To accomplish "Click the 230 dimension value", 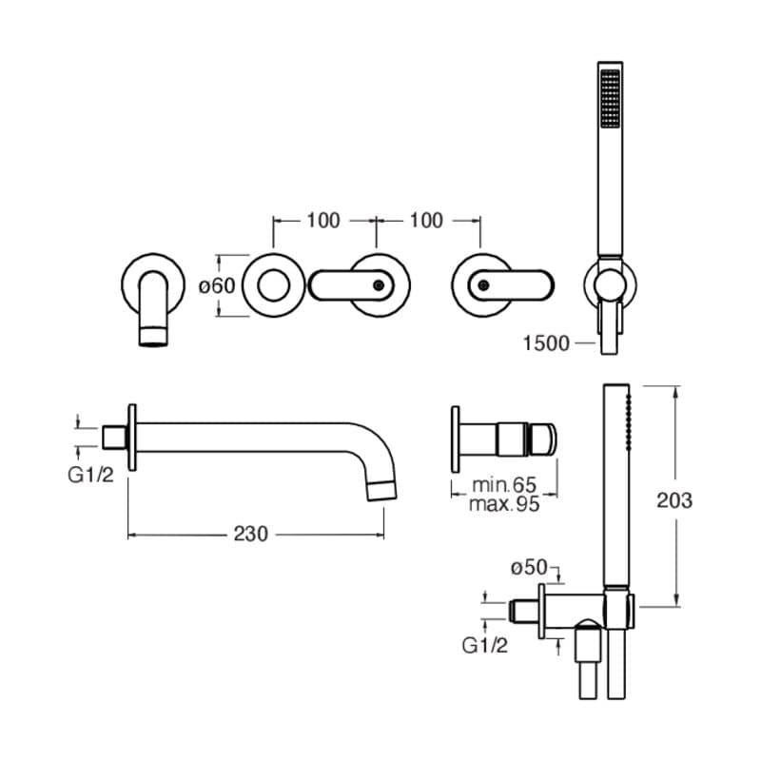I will pyautogui.click(x=256, y=535).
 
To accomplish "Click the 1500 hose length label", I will pyautogui.click(x=546, y=342).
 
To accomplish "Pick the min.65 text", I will pyautogui.click(x=505, y=486).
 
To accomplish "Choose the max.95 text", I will pyautogui.click(x=504, y=504).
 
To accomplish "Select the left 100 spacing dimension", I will pyautogui.click(x=323, y=221).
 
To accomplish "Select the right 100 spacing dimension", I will pyautogui.click(x=426, y=221).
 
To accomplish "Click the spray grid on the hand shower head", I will pyautogui.click(x=608, y=99).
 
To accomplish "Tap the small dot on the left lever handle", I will pyautogui.click(x=380, y=284).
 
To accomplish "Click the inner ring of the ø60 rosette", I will pyautogui.click(x=275, y=284).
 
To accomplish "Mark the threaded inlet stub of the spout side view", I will pyautogui.click(x=114, y=438).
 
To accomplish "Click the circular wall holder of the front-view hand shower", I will pyautogui.click(x=608, y=283).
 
